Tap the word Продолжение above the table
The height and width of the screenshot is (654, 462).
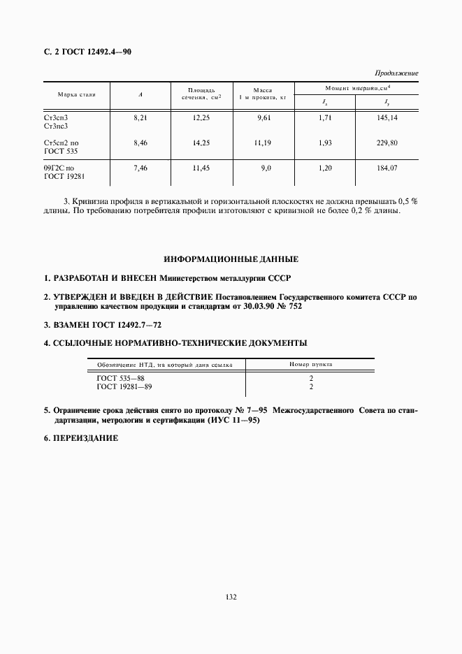point(396,73)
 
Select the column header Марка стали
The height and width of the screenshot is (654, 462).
point(77,93)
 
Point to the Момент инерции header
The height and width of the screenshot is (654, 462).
point(356,87)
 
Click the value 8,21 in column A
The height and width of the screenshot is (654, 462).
point(140,118)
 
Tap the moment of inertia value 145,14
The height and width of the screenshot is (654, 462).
point(387,118)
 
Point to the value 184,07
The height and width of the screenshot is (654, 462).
point(387,168)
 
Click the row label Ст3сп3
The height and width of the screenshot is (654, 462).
point(56,118)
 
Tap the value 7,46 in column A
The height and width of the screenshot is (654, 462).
point(140,168)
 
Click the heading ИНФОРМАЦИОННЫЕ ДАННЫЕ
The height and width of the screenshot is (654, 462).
point(231,259)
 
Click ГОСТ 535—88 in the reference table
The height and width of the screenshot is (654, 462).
point(121,378)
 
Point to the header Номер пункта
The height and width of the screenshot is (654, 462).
point(311,365)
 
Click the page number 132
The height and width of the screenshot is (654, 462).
point(231,597)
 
